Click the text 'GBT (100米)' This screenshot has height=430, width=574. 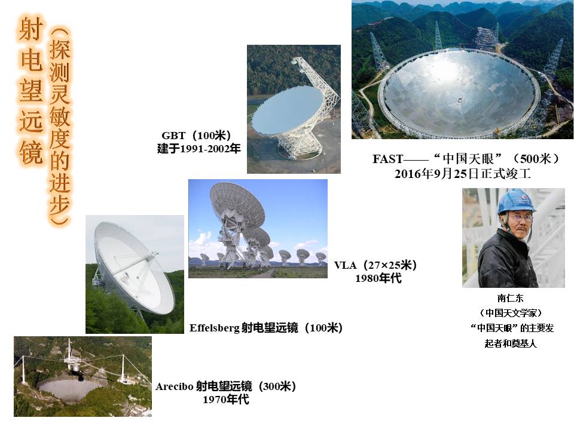click(x=196, y=136)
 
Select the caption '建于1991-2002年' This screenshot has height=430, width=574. click(x=199, y=149)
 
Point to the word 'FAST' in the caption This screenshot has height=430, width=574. click(x=387, y=159)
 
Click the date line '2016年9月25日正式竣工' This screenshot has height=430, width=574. click(x=463, y=173)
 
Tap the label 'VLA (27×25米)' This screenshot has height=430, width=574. click(x=375, y=265)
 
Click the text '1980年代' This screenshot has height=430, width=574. click(x=378, y=278)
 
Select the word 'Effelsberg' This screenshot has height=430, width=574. click(x=215, y=328)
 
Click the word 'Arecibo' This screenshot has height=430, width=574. click(x=174, y=386)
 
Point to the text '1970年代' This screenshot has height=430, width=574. click(x=226, y=400)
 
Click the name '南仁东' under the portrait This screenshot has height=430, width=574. click(x=510, y=298)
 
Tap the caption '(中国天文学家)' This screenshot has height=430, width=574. click(x=510, y=313)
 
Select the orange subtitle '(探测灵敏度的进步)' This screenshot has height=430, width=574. click(x=60, y=126)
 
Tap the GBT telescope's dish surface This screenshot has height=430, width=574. click(x=288, y=109)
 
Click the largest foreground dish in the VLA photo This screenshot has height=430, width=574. click(x=237, y=205)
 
